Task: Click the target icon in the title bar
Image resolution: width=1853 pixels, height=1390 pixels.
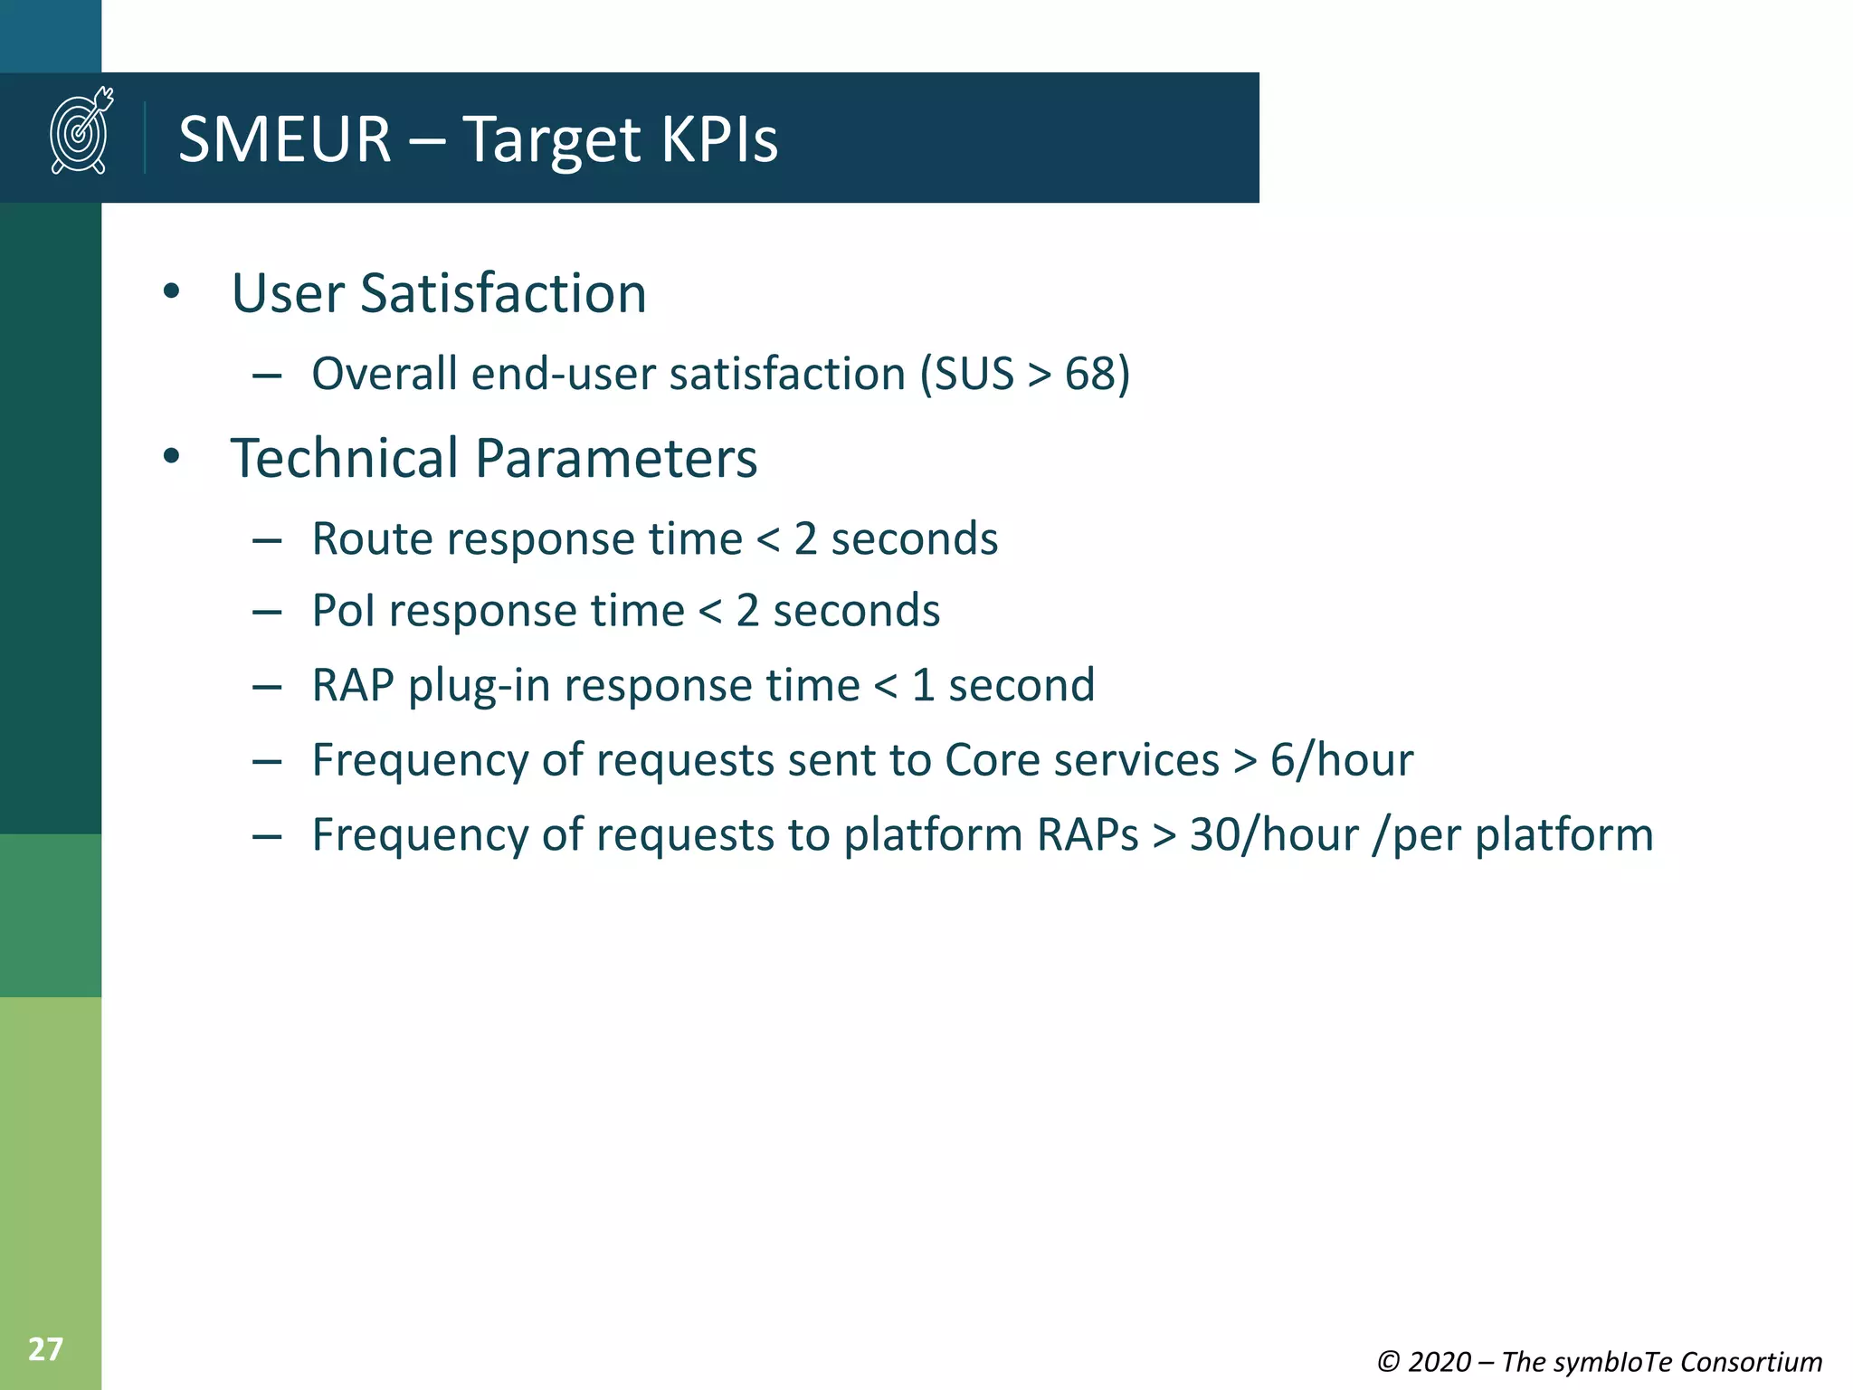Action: click(x=81, y=131)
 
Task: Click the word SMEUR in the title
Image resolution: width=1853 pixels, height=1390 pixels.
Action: click(x=284, y=139)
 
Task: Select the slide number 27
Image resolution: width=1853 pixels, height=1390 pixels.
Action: click(x=45, y=1349)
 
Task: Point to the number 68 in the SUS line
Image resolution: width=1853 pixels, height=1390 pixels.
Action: click(x=1089, y=374)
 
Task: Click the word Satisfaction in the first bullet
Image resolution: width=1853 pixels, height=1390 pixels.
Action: click(x=503, y=293)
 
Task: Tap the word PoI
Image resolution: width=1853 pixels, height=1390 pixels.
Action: click(x=343, y=610)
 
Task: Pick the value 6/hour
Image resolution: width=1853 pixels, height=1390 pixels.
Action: click(x=1341, y=759)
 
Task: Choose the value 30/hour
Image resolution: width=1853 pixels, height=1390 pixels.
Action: click(x=1274, y=834)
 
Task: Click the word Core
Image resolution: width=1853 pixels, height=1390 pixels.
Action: click(x=992, y=759)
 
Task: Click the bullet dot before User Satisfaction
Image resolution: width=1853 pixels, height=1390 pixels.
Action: click(x=171, y=292)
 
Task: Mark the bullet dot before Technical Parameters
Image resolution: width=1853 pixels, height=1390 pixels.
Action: click(x=171, y=457)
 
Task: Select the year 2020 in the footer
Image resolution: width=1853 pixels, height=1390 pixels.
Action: click(x=1439, y=1362)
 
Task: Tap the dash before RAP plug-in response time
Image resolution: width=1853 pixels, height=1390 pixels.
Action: click(x=267, y=687)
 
